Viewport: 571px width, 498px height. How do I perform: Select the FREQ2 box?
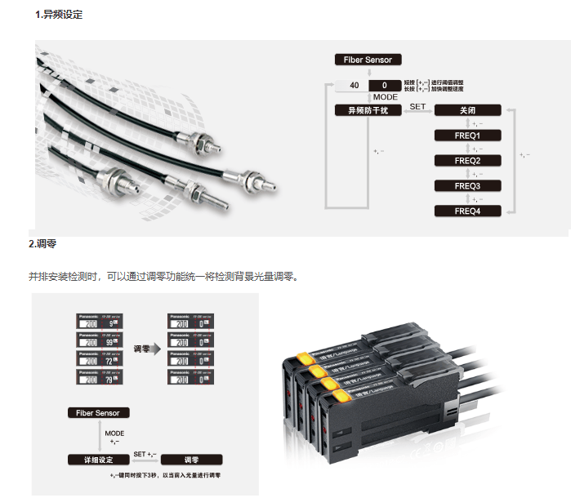pos(467,161)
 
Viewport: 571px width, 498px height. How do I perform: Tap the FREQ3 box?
pos(467,186)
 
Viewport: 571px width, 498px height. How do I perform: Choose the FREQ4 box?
pos(467,211)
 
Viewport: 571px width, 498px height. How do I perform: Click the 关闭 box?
pos(467,110)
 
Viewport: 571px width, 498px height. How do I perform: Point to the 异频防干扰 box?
pos(368,110)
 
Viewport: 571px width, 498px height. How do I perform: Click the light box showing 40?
pos(354,85)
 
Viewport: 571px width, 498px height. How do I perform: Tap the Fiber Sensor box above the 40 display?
pos(368,60)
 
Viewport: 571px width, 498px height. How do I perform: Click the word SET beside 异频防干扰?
pos(417,106)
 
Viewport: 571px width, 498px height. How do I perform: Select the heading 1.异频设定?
pos(59,15)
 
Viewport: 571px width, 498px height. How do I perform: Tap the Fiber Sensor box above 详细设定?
pos(98,413)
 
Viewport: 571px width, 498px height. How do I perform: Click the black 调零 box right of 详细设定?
pos(192,460)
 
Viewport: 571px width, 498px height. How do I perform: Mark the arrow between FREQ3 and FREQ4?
pos(467,198)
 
